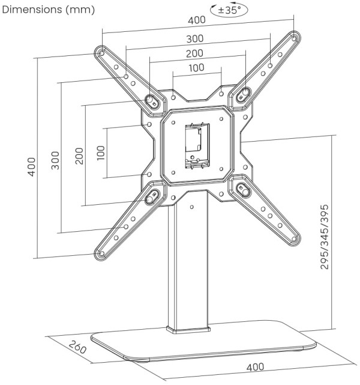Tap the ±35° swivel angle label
point(230,10)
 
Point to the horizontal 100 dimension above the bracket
point(196,68)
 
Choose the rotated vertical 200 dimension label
point(78,156)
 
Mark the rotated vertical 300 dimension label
point(55,159)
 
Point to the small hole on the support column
point(192,207)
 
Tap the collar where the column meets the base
point(188,330)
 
